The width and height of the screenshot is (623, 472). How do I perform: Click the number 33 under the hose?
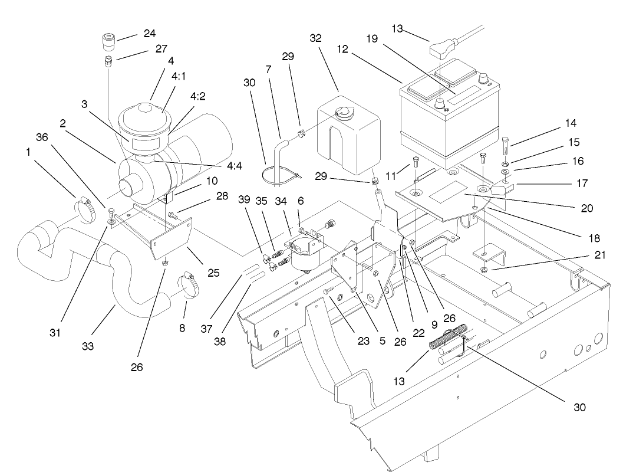tap(87, 347)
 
